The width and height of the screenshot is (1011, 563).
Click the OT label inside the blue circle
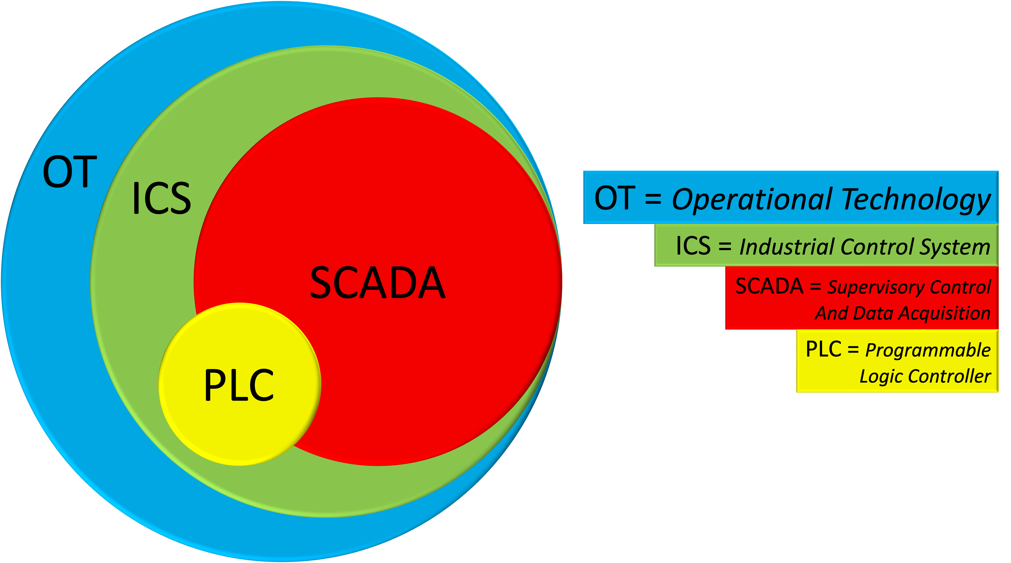tap(70, 172)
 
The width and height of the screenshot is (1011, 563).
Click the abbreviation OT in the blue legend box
tap(615, 198)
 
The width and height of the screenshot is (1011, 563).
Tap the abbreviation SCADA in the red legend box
tap(769, 286)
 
